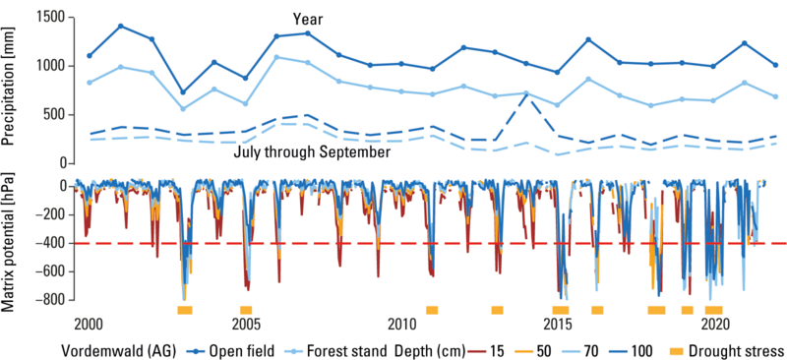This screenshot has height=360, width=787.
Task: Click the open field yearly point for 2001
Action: pyautogui.click(x=120, y=27)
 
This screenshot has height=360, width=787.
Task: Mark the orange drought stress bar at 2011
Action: pyautogui.click(x=432, y=310)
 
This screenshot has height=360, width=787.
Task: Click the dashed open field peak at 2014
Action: pyautogui.click(x=526, y=94)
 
